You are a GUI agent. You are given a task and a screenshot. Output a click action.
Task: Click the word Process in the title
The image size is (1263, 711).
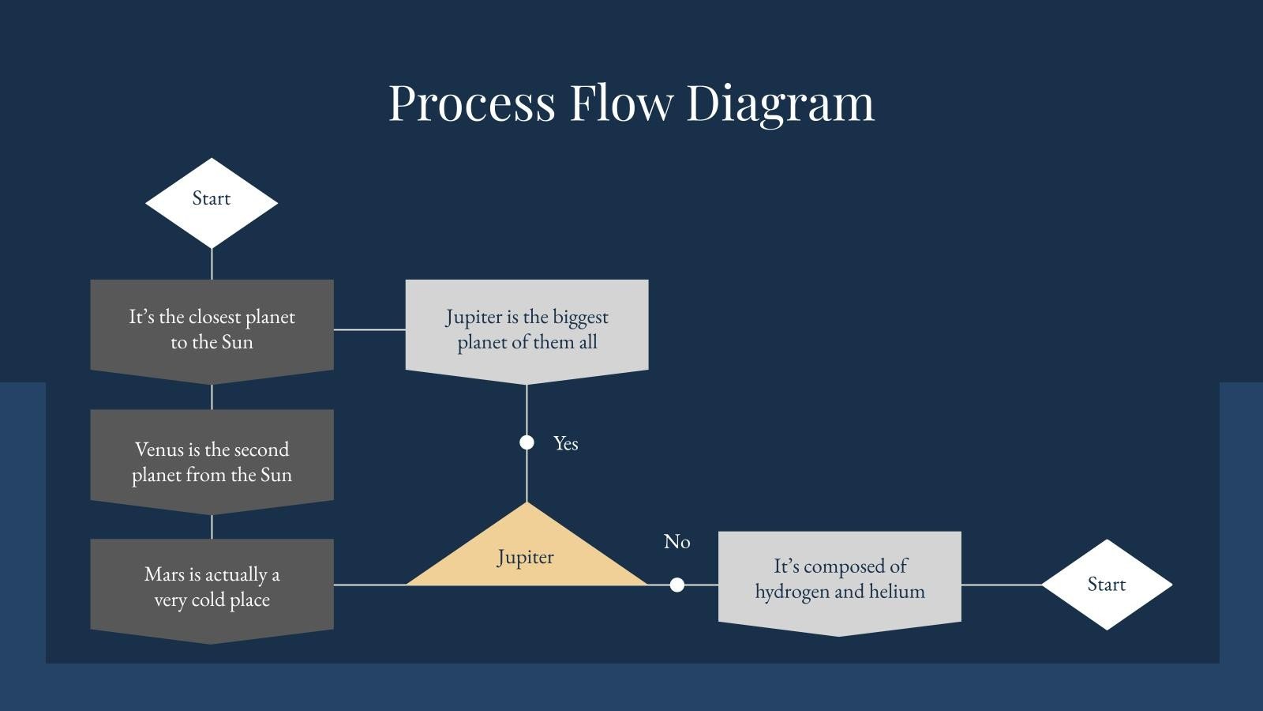[472, 103]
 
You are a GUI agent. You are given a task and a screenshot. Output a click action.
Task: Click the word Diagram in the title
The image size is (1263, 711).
[780, 103]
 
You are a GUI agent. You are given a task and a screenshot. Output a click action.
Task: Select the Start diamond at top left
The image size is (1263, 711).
[212, 201]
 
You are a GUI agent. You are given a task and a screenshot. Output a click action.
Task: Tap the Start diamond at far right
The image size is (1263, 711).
[1106, 585]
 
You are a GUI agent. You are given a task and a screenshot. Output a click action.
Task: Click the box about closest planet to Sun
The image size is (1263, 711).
[212, 329]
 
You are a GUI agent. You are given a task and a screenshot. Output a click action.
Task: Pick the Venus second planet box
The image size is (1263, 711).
[212, 461]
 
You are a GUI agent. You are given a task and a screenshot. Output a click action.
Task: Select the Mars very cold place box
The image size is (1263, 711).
[212, 587]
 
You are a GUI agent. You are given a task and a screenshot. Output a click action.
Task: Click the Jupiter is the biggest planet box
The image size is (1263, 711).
[527, 329]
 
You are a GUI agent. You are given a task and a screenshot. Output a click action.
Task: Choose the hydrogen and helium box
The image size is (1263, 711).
[839, 579]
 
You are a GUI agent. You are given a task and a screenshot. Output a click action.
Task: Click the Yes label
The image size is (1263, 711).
[565, 443]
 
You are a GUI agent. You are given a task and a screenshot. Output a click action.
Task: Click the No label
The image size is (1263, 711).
[676, 542]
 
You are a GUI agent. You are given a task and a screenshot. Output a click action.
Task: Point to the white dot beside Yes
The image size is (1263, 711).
[527, 442]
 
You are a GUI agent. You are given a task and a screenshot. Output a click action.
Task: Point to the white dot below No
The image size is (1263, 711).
[676, 585]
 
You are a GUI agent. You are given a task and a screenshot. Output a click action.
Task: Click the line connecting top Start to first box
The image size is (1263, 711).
[212, 264]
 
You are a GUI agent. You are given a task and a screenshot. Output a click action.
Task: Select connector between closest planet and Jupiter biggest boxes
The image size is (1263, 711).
[369, 329]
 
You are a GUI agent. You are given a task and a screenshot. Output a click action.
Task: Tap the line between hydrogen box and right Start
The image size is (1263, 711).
[1001, 585]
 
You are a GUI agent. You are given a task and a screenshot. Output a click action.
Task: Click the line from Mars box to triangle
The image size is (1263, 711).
[369, 585]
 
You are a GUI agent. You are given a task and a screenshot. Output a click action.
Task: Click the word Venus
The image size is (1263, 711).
[159, 450]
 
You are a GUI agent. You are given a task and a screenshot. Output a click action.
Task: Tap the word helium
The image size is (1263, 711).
[897, 592]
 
